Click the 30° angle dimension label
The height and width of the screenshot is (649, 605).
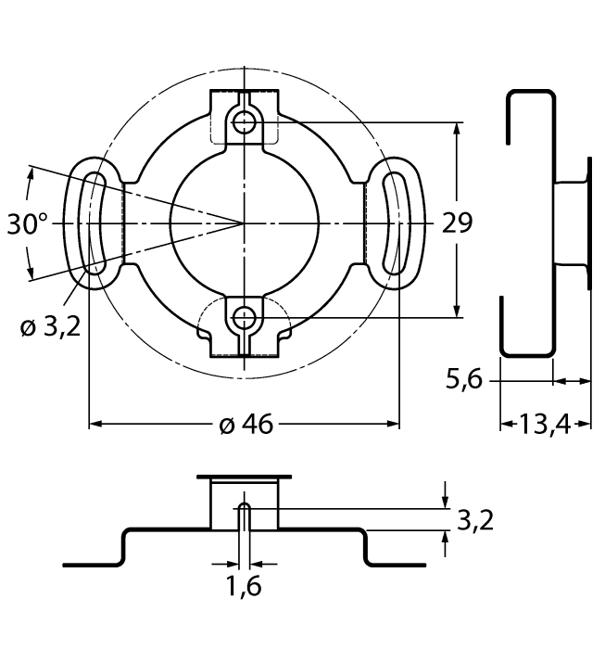(x=28, y=224)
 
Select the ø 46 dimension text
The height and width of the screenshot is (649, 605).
(x=246, y=425)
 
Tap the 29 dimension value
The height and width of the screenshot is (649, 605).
(x=457, y=223)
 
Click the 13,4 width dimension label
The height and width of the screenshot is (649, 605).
(x=546, y=425)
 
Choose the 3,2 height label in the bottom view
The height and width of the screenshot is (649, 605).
(x=474, y=519)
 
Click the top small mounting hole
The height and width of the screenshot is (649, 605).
(x=244, y=121)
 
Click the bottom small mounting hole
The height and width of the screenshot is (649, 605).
(x=244, y=318)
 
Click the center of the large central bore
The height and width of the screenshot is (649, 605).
(x=244, y=223)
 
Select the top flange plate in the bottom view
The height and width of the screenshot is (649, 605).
(x=245, y=476)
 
